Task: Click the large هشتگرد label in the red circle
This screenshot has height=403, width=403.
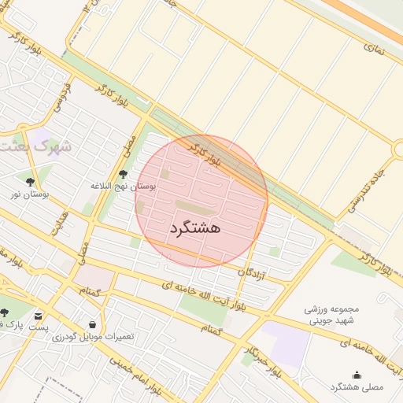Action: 194,227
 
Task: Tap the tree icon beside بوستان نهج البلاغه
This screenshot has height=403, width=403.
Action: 123,175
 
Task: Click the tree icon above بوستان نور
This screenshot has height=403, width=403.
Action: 31,181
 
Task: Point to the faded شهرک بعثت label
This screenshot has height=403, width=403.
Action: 35,146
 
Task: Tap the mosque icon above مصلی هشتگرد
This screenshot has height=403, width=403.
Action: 357,375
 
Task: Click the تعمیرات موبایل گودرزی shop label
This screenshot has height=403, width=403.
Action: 94,337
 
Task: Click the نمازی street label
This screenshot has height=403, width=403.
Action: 375,47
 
